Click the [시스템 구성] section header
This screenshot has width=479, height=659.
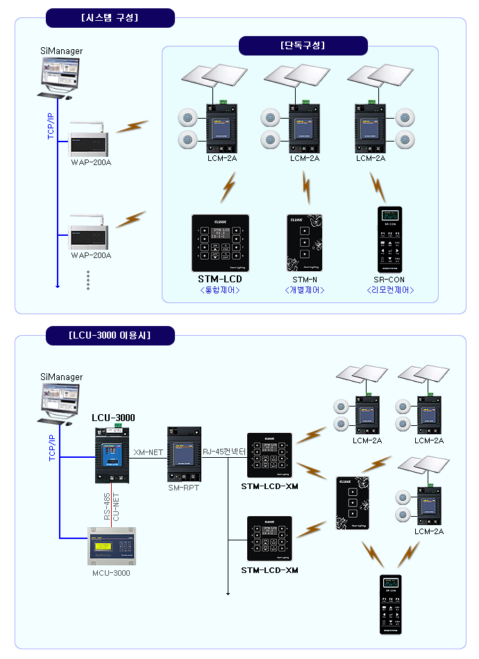click(110, 17)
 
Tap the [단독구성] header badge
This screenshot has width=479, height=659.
click(303, 46)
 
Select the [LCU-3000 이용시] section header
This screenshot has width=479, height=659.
click(110, 336)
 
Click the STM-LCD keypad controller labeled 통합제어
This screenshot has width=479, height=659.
click(219, 243)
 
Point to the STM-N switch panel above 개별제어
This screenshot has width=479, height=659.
click(305, 243)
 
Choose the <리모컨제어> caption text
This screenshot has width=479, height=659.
click(390, 290)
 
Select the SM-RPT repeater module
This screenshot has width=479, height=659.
click(184, 456)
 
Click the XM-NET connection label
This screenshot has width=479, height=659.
click(148, 452)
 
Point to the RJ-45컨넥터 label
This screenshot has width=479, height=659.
click(224, 452)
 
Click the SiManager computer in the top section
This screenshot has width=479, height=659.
click(60, 76)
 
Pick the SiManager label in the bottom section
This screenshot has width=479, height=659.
click(61, 377)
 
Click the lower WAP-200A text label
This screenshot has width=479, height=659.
click(91, 255)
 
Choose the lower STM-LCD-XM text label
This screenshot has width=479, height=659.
click(269, 570)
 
